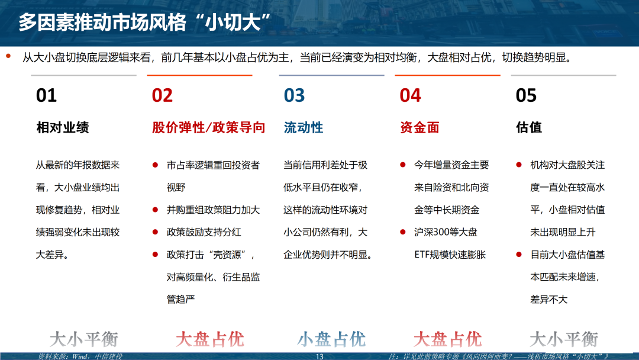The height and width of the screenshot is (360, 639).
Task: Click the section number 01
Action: [x=46, y=95]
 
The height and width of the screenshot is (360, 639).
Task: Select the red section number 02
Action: [x=162, y=95]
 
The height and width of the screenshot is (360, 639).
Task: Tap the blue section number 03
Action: [x=294, y=95]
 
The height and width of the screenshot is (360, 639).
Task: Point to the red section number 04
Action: [x=410, y=95]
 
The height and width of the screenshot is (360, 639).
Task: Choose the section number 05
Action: [x=526, y=95]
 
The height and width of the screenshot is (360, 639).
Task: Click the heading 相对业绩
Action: [x=62, y=128]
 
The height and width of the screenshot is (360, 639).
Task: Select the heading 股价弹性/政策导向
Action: [x=209, y=128]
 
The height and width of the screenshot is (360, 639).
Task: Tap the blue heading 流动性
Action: [x=304, y=128]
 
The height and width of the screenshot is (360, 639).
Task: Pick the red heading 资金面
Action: [x=419, y=128]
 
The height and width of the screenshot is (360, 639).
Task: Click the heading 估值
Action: [x=529, y=128]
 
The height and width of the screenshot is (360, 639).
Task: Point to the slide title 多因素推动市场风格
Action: [x=102, y=22]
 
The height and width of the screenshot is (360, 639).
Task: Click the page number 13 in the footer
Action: [x=319, y=356]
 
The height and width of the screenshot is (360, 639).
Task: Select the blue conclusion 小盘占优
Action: [x=331, y=339]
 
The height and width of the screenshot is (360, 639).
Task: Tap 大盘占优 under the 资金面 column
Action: [x=447, y=339]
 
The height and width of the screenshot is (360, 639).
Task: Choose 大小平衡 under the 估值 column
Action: [x=564, y=339]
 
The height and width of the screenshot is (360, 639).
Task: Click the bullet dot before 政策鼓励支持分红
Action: [x=155, y=232]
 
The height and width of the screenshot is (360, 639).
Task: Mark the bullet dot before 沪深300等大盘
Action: [x=403, y=232]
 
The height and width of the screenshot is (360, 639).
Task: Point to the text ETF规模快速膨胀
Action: [x=450, y=255]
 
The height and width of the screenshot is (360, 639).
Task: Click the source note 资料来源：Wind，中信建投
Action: [x=80, y=356]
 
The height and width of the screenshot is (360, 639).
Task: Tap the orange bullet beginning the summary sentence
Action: [x=8, y=56]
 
